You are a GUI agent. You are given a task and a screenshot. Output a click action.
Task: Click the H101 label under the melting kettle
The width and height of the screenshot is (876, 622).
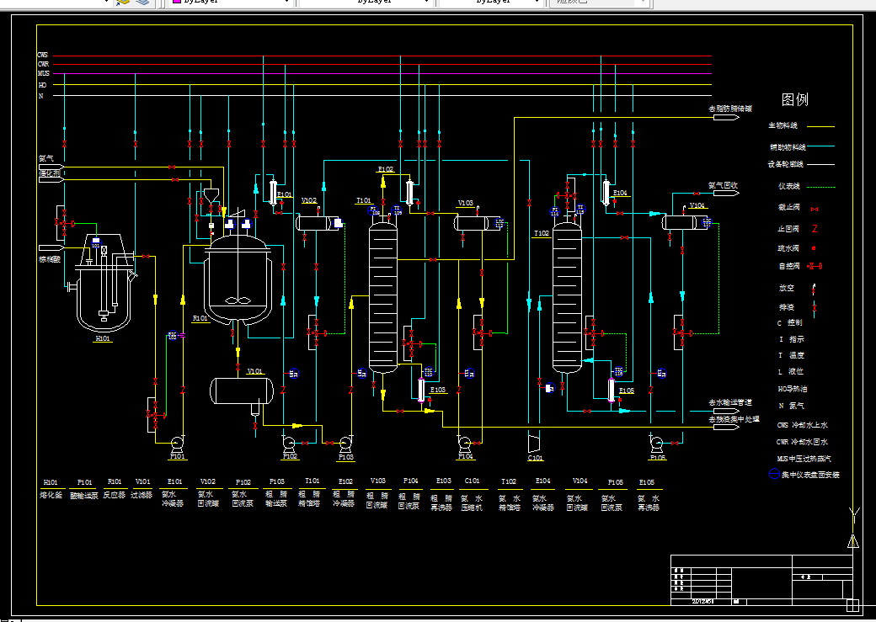coord(102,338)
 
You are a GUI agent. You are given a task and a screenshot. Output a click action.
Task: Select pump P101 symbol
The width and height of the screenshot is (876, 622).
coord(178,443)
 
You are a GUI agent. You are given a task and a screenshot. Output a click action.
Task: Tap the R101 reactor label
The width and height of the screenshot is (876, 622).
coord(200,319)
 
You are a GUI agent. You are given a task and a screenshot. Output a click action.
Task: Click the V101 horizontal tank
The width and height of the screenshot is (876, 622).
coord(243,390)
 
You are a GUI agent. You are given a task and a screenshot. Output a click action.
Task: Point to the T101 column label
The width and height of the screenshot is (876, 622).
coord(364,201)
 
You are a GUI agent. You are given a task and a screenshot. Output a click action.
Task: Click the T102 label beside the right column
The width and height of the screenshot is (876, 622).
coord(541,233)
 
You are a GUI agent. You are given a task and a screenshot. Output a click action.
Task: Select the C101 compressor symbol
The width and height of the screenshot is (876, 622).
coord(535,443)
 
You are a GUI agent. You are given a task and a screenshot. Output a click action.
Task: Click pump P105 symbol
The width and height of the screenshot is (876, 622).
coord(657,443)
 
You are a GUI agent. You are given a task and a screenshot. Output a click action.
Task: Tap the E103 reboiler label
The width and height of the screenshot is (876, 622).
coord(438,390)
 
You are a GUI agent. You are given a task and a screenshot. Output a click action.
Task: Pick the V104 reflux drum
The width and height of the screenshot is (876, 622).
coord(687,222)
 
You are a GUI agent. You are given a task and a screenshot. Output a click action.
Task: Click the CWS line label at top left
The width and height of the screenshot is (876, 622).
coord(42,56)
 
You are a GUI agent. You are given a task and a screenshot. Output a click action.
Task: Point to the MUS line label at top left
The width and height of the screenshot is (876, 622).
coord(43,74)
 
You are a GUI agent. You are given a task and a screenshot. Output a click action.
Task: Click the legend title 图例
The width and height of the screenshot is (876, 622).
coord(794,99)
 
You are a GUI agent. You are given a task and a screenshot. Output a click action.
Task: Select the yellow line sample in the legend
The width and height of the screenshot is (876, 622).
coord(820,127)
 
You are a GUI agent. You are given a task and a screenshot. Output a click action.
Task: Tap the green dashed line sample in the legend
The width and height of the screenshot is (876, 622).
coord(820,187)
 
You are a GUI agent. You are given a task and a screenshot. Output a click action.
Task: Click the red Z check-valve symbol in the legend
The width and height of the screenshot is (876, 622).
coord(815,228)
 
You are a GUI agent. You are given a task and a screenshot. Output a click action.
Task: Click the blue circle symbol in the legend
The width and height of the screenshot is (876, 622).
coord(775,475)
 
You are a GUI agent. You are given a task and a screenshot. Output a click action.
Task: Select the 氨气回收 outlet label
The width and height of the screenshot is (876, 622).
coord(723,185)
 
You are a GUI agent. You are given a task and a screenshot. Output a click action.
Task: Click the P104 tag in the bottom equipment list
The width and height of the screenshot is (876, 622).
coord(410,482)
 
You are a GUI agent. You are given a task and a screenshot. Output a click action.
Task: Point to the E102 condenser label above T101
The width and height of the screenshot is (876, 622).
coord(385,169)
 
